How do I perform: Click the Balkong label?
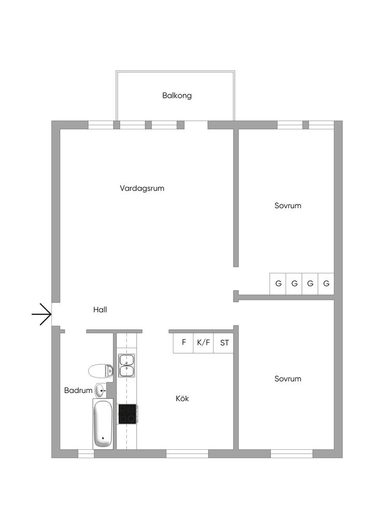pyautogui.click(x=177, y=96)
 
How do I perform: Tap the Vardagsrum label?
pyautogui.click(x=142, y=188)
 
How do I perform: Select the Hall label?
pyautogui.click(x=100, y=310)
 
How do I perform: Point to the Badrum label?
pyautogui.click(x=78, y=390)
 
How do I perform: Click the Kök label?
pyautogui.click(x=182, y=399)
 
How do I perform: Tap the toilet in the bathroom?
pyautogui.click(x=100, y=371)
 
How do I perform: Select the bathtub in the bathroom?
pyautogui.click(x=103, y=423)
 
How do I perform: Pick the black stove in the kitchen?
pyautogui.click(x=127, y=414)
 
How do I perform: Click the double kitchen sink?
pyautogui.click(x=127, y=365)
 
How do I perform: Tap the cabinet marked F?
pyautogui.click(x=183, y=342)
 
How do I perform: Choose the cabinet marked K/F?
pyautogui.click(x=203, y=342)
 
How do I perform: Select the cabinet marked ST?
pyautogui.click(x=224, y=342)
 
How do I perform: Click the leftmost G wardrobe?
pyautogui.click(x=278, y=284)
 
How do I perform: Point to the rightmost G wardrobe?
pyautogui.click(x=326, y=284)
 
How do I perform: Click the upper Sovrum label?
pyautogui.click(x=287, y=205)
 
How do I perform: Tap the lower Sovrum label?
pyautogui.click(x=287, y=379)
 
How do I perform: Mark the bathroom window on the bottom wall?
pyautogui.click(x=86, y=454)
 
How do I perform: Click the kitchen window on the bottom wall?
pyautogui.click(x=187, y=454)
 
